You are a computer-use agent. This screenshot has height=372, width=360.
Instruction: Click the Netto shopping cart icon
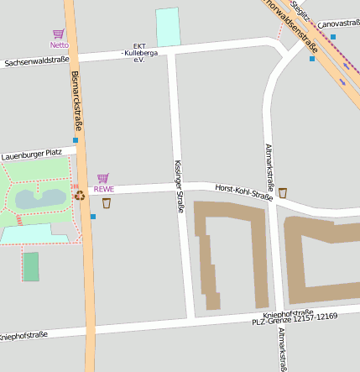pos(58,34)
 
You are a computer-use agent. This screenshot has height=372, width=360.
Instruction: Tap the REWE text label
pos(103,189)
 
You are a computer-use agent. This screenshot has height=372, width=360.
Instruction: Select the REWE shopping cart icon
pos(103,178)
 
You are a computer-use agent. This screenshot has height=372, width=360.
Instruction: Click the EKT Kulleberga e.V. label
pos(139,53)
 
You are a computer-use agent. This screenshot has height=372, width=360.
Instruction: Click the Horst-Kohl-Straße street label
pos(243,192)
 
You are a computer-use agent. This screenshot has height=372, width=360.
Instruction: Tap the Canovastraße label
pos(338,24)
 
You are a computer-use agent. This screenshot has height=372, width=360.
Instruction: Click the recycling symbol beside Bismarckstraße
pos(80,195)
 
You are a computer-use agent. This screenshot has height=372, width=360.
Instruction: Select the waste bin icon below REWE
pos(107,202)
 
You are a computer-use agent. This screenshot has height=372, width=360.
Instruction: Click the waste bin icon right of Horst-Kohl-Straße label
pos(283,192)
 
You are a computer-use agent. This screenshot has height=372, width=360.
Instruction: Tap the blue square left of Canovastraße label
pos(333,37)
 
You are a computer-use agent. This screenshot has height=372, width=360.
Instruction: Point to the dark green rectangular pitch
pos(31,266)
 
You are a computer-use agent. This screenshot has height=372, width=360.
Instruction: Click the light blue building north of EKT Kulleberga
pos(168,27)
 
